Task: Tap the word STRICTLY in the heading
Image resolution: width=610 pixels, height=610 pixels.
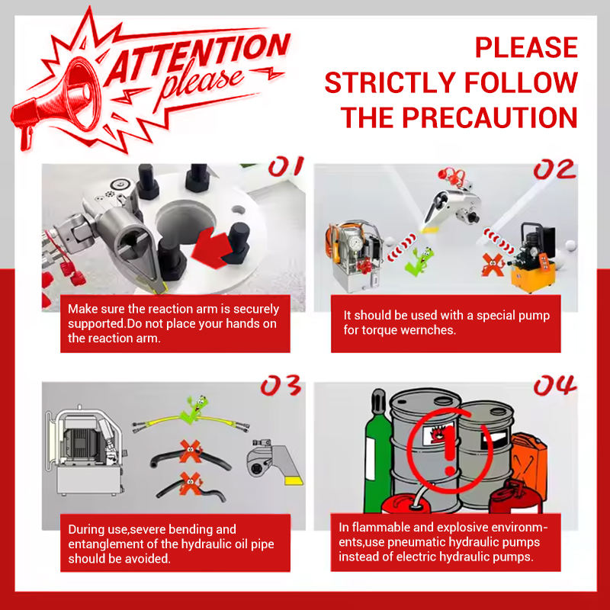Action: pos(390,82)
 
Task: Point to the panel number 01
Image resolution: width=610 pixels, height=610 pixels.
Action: pos(286,166)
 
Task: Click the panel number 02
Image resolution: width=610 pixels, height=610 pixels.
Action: pos(554,169)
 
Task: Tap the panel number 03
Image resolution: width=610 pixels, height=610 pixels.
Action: pos(281,386)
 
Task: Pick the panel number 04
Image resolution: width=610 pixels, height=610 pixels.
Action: pos(555,385)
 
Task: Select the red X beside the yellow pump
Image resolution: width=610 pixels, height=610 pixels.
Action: pos(493,265)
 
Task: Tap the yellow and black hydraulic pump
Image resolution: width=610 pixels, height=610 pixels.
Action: pos(533,256)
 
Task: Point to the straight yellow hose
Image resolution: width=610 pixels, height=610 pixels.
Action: pos(191,422)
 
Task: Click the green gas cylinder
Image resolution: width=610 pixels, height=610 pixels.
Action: pos(377,451)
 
